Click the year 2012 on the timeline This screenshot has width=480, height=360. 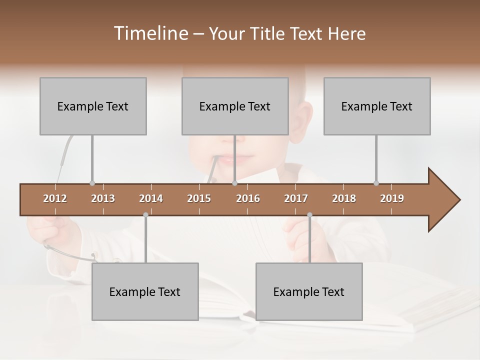[x=55, y=198]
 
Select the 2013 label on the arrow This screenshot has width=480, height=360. [x=103, y=198]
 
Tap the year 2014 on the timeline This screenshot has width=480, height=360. [x=151, y=198]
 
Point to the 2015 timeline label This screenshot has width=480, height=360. [x=199, y=198]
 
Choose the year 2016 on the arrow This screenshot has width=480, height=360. [x=248, y=198]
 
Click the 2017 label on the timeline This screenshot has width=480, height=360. [x=296, y=198]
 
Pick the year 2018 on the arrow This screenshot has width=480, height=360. [x=344, y=198]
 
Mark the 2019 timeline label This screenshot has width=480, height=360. [x=392, y=198]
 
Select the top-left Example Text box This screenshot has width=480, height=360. [x=93, y=106]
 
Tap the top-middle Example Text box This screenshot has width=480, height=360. [x=235, y=106]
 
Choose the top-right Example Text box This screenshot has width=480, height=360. [x=377, y=106]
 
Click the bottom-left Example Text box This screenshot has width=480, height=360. [x=145, y=291]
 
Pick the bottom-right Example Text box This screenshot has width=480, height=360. [x=309, y=291]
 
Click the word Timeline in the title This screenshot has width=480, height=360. [x=149, y=33]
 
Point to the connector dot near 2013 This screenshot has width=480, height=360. [x=92, y=183]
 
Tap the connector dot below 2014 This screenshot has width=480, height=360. [x=145, y=215]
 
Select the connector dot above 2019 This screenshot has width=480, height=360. [x=376, y=183]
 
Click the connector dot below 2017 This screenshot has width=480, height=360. [x=309, y=215]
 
